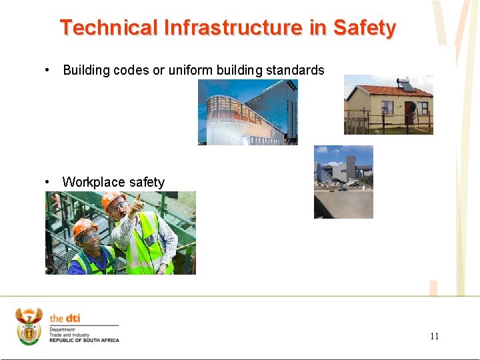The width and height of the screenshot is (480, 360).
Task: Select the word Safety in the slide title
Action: [364, 28]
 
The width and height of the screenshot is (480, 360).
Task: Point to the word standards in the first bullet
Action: [296, 70]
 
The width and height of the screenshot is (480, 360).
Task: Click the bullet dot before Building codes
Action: [48, 70]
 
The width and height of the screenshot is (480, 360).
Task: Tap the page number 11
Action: [434, 336]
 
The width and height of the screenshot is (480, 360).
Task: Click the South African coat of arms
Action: [29, 326]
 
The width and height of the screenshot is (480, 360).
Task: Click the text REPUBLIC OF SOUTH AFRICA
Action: [84, 341]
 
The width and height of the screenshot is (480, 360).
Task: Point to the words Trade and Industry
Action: [69, 335]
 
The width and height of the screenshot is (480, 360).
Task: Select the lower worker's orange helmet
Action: [84, 227]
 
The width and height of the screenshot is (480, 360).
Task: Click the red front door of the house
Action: [409, 112]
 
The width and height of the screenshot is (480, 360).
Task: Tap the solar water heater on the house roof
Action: [406, 85]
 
